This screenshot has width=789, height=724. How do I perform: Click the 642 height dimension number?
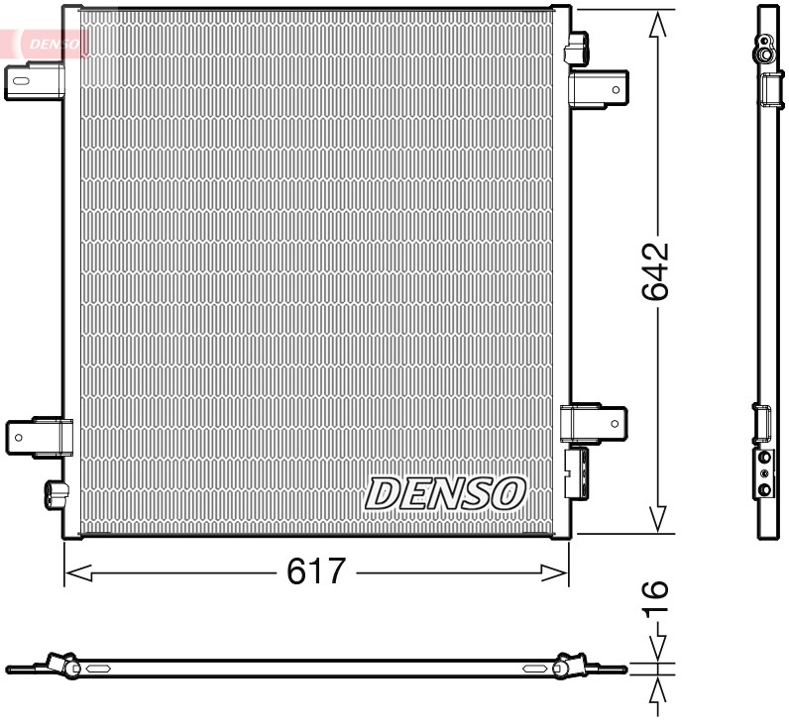pos(656,269)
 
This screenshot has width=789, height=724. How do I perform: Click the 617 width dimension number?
pos(315,572)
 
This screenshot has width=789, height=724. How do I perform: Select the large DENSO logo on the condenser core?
pos(446,492)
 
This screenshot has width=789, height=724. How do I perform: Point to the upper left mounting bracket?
pos(32,81)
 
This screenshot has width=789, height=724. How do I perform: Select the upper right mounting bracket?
pos(599,88)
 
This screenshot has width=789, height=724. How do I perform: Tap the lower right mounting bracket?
pos(595,423)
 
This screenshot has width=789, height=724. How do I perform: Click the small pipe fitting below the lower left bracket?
pos(56,491)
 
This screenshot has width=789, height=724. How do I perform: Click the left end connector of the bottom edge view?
pos(61,666)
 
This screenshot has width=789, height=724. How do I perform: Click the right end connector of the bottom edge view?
pos(570,666)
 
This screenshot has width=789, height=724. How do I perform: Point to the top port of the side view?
pos(765,45)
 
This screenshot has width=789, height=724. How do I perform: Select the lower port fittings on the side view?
pos(765,473)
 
